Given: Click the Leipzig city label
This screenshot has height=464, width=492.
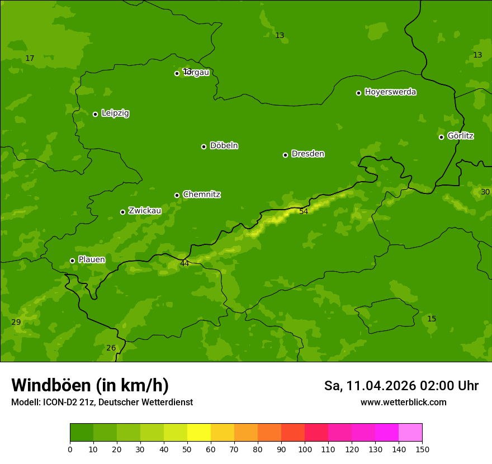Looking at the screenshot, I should (115, 113).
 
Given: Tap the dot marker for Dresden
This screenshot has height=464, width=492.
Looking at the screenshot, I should (285, 155).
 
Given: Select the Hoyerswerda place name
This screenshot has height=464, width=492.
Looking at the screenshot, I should (390, 92).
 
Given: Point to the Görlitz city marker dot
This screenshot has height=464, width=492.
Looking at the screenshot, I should (441, 137).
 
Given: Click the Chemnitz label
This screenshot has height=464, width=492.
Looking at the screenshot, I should (201, 195).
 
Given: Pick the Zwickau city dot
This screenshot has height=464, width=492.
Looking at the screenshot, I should (122, 212).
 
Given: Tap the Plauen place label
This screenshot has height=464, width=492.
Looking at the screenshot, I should (92, 260).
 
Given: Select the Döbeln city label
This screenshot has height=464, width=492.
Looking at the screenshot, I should (224, 146).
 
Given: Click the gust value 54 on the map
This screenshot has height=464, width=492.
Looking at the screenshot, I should (304, 212).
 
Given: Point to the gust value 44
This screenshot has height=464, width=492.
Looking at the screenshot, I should (184, 263).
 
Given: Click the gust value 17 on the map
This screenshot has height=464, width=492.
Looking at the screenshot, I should (30, 59).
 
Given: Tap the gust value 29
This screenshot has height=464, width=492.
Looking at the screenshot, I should (16, 323).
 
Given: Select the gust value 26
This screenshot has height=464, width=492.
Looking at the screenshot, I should (111, 348).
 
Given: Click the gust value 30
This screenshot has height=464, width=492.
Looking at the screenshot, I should (485, 192).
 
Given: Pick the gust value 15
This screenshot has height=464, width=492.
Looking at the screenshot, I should (432, 319).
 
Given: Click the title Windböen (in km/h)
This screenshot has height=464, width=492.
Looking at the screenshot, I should (90, 385).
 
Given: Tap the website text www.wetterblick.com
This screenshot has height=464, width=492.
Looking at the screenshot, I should (403, 403).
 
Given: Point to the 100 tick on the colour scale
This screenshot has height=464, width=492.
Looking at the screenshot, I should (305, 449).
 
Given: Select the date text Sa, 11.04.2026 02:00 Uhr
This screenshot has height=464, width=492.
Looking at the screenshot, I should (401, 386).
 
